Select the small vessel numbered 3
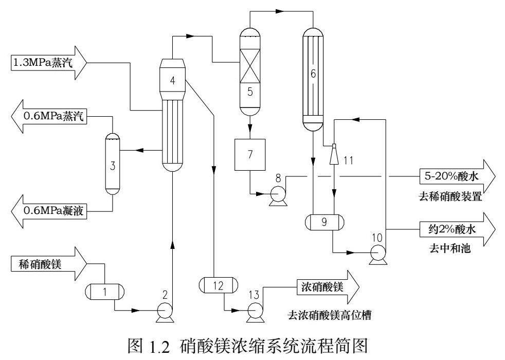pyautogui.click(x=112, y=165)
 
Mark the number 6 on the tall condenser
pyautogui.click(x=312, y=74)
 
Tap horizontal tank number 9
pyautogui.click(x=323, y=223)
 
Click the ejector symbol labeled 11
pyautogui.click(x=334, y=152)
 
